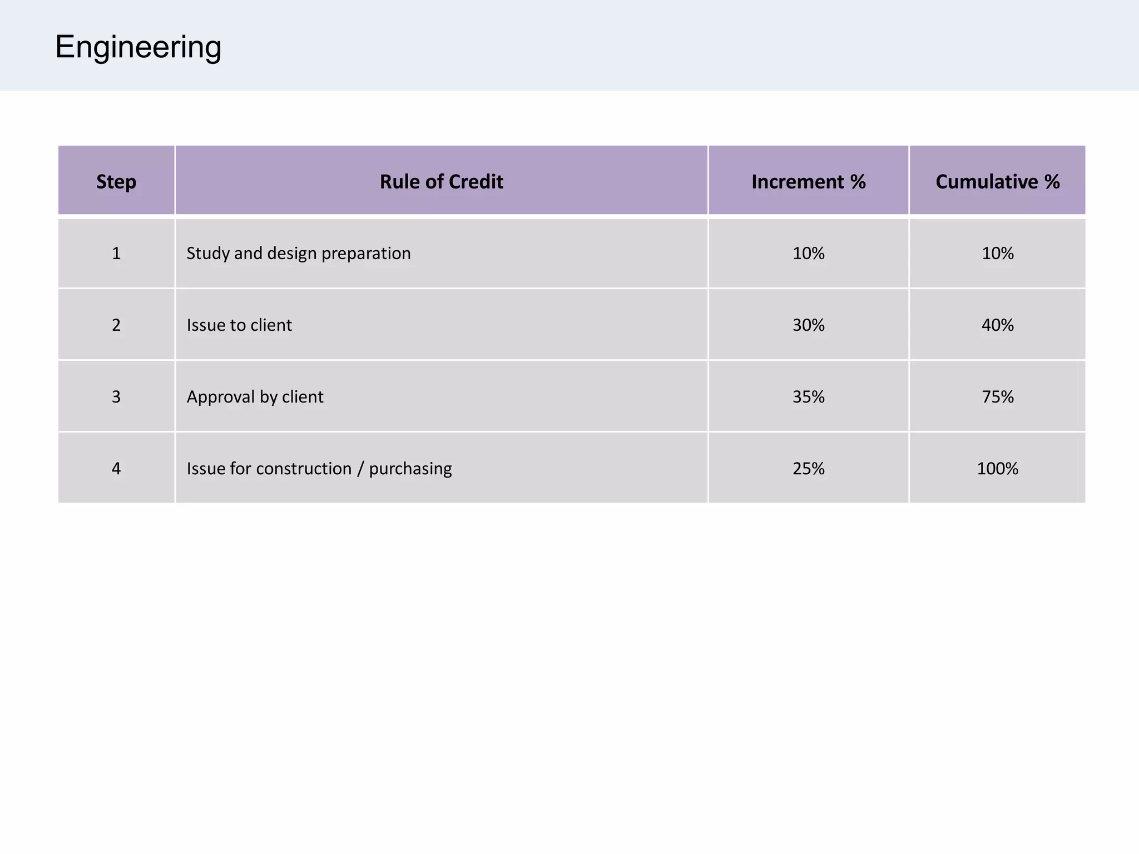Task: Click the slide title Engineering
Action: click(x=138, y=47)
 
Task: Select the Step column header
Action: click(x=116, y=182)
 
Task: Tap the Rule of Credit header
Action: click(x=441, y=182)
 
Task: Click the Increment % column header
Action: click(x=808, y=182)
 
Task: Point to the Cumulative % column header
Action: click(x=997, y=182)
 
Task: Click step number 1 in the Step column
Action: click(x=116, y=254)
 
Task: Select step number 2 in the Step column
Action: click(x=116, y=325)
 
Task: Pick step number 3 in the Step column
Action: click(x=116, y=397)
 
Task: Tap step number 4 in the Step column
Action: click(x=116, y=469)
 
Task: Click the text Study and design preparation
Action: click(x=299, y=254)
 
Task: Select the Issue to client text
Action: click(x=239, y=325)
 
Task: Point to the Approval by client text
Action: click(x=255, y=397)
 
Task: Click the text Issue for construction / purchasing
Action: click(x=319, y=469)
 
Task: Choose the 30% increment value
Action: click(x=808, y=325)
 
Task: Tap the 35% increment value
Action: click(x=808, y=397)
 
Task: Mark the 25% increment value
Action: click(x=808, y=469)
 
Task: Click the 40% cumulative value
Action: click(x=997, y=325)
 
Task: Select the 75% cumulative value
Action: click(x=997, y=397)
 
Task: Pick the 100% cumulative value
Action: click(x=997, y=469)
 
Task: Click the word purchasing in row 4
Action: click(x=410, y=469)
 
